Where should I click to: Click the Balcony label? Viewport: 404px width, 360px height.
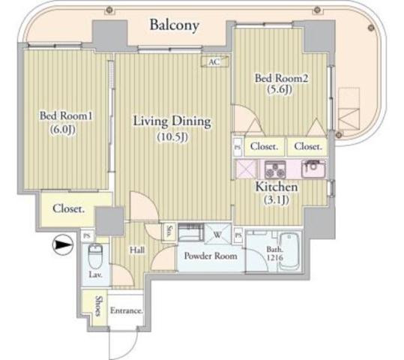tap(174, 25)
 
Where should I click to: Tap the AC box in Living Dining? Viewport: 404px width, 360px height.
tap(214, 62)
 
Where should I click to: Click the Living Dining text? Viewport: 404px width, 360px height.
tap(172, 121)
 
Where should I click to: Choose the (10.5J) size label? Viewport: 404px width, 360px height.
tap(172, 137)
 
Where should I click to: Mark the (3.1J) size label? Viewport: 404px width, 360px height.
tap(278, 200)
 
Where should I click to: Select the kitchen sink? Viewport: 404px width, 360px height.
tap(312, 168)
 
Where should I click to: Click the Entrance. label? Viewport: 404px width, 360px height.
tap(126, 310)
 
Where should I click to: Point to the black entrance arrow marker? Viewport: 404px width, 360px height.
tap(61, 244)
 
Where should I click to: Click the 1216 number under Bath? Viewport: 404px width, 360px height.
tap(274, 259)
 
